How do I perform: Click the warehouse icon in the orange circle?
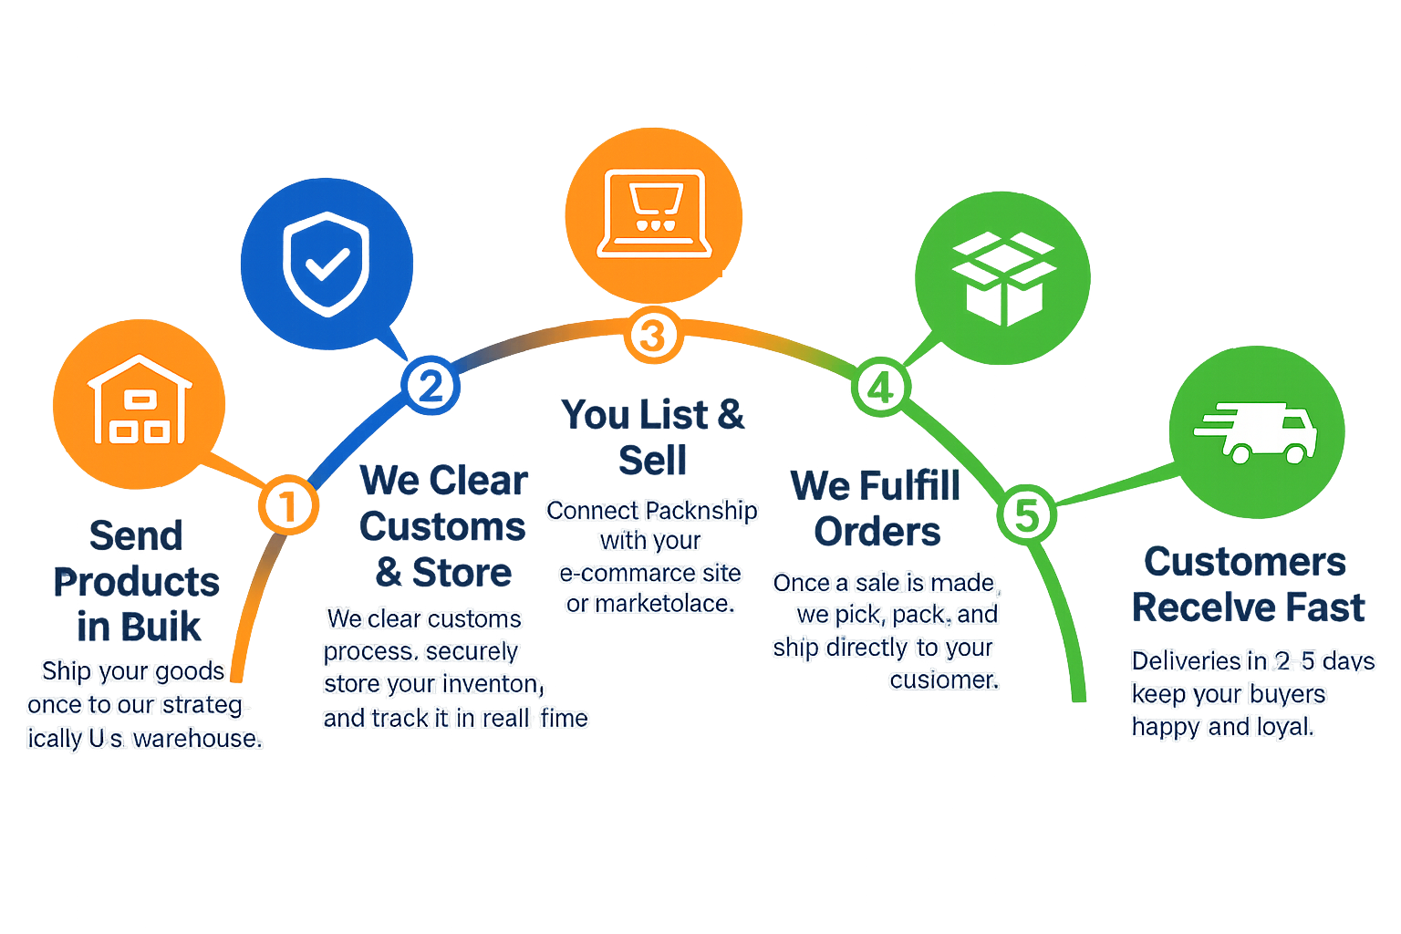point(140,401)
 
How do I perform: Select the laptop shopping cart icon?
point(654,213)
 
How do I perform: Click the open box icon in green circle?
point(1002,278)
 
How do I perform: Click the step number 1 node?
point(288,505)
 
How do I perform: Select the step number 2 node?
point(431,386)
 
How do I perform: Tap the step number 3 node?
point(653,335)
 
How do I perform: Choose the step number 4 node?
point(880,389)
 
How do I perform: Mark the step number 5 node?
point(1027,514)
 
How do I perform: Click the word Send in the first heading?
point(137,536)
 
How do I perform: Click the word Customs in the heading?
point(442,527)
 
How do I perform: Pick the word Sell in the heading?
point(653,461)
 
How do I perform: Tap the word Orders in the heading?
point(877,532)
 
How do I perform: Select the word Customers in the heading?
point(1245,562)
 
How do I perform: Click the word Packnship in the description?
point(702,511)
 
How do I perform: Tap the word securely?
point(472,651)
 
